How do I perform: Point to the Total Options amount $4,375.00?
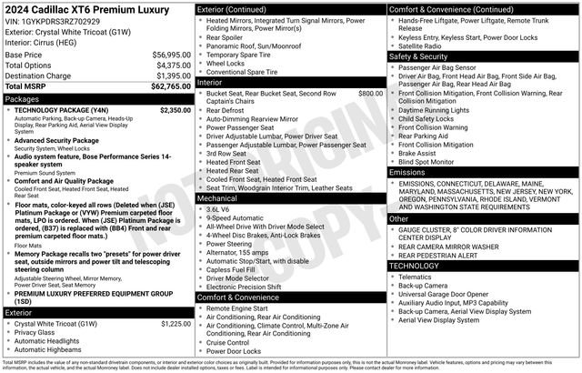pyautogui.click(x=168, y=66)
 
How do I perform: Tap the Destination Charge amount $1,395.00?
pyautogui.click(x=168, y=76)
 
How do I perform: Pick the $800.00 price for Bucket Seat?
pyautogui.click(x=370, y=94)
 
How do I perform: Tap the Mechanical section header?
pyautogui.click(x=217, y=197)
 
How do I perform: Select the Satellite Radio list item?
pyautogui.click(x=425, y=45)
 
